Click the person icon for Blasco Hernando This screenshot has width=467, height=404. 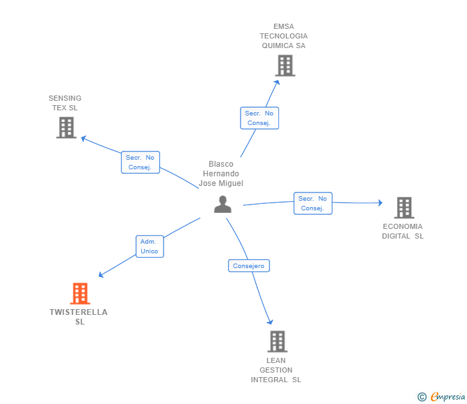[x=223, y=204]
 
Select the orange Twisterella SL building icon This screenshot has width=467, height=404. [x=80, y=294]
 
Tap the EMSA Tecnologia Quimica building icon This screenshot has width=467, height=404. [x=285, y=65]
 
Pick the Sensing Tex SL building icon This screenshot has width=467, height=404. [x=66, y=127]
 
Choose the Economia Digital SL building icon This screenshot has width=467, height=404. [x=403, y=207]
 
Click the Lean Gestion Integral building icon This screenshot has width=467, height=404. [x=276, y=341]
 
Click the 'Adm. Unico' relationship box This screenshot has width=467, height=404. [x=149, y=246]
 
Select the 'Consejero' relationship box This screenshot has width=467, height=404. [x=249, y=265]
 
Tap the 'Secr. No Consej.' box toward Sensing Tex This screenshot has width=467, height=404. [x=140, y=162]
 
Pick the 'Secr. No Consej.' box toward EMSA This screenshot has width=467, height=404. [x=259, y=118]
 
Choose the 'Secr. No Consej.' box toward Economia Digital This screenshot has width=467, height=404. [x=313, y=203]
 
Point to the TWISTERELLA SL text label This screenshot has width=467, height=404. [x=79, y=317]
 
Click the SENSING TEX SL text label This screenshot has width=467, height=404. [x=65, y=103]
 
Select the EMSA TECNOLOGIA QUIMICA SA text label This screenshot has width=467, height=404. [x=284, y=36]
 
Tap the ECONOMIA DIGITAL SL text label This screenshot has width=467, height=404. [x=403, y=231]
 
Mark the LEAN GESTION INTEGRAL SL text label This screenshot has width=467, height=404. [x=276, y=370]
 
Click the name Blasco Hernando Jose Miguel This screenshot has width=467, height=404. [x=221, y=174]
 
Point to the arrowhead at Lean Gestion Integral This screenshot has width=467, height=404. [x=270, y=321]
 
